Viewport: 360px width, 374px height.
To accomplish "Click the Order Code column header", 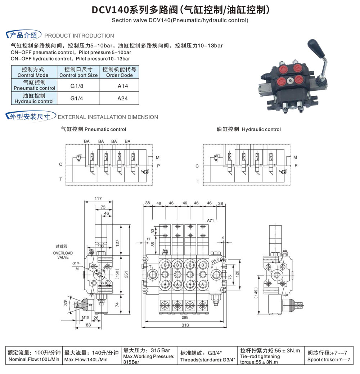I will pyautogui.click(x=119, y=72).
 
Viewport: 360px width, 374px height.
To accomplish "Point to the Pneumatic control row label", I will pyautogui.click(x=34, y=85).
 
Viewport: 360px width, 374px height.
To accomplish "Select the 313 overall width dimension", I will pyautogui.click(x=185, y=325).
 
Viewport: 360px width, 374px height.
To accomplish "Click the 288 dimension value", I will pyautogui.click(x=185, y=318).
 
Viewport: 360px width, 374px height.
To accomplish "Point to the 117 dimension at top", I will pyautogui.click(x=98, y=199).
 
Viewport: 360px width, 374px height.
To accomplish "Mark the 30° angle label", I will pyautogui.click(x=66, y=302).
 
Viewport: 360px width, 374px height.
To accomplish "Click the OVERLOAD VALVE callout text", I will pyautogui.click(x=63, y=255).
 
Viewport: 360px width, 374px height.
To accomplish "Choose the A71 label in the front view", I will pyautogui.click(x=211, y=220).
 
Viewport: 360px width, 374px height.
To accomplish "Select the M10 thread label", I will pyautogui.click(x=85, y=317).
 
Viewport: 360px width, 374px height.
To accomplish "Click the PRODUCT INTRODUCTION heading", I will pyautogui.click(x=79, y=36).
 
